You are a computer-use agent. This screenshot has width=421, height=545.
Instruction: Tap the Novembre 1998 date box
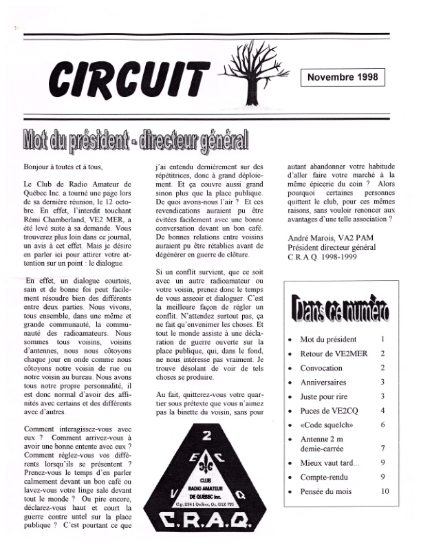click(343, 77)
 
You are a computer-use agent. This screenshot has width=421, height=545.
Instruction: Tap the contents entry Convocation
click(321, 368)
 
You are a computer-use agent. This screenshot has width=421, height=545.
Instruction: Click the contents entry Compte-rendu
click(326, 476)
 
